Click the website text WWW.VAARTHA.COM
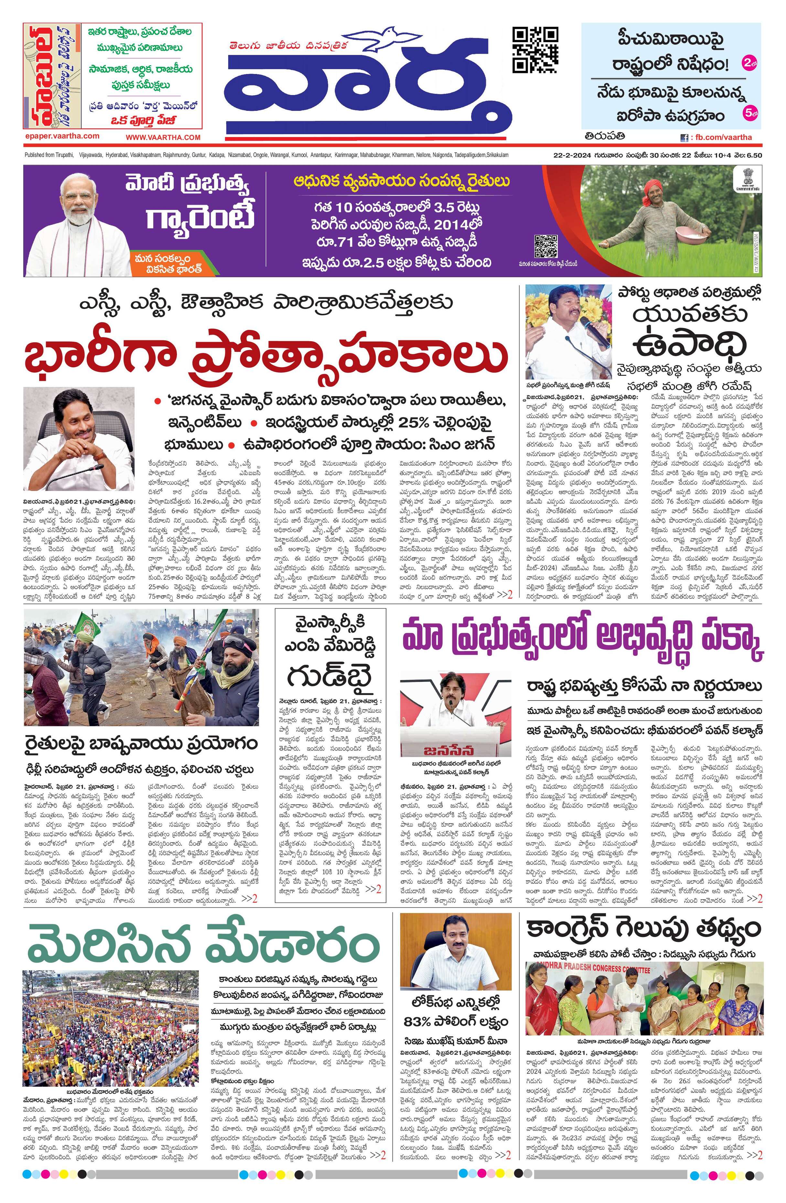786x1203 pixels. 163,137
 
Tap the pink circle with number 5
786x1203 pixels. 748,114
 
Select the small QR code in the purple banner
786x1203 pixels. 546,246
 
